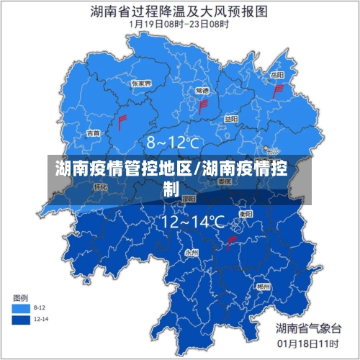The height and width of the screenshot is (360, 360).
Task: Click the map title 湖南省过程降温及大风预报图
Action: coord(179,12)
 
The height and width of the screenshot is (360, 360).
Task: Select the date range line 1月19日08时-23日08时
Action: coord(179,24)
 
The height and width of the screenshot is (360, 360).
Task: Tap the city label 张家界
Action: coord(141,84)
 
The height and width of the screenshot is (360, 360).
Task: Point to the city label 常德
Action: coord(202,91)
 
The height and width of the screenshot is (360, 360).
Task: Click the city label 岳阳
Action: coord(276,75)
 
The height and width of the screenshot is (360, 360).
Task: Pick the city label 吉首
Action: coord(94,132)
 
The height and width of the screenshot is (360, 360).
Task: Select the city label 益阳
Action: coord(230,119)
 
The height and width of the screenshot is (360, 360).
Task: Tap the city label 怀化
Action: coord(100,186)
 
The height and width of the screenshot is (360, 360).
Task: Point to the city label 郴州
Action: coord(263,287)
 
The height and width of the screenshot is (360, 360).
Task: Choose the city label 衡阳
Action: coord(246,214)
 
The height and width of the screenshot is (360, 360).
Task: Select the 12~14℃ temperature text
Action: coord(192,222)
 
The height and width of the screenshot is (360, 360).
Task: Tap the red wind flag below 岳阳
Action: coord(278,91)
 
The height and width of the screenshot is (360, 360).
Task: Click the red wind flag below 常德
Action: coord(203,107)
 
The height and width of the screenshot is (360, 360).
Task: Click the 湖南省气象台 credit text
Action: coord(308,328)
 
